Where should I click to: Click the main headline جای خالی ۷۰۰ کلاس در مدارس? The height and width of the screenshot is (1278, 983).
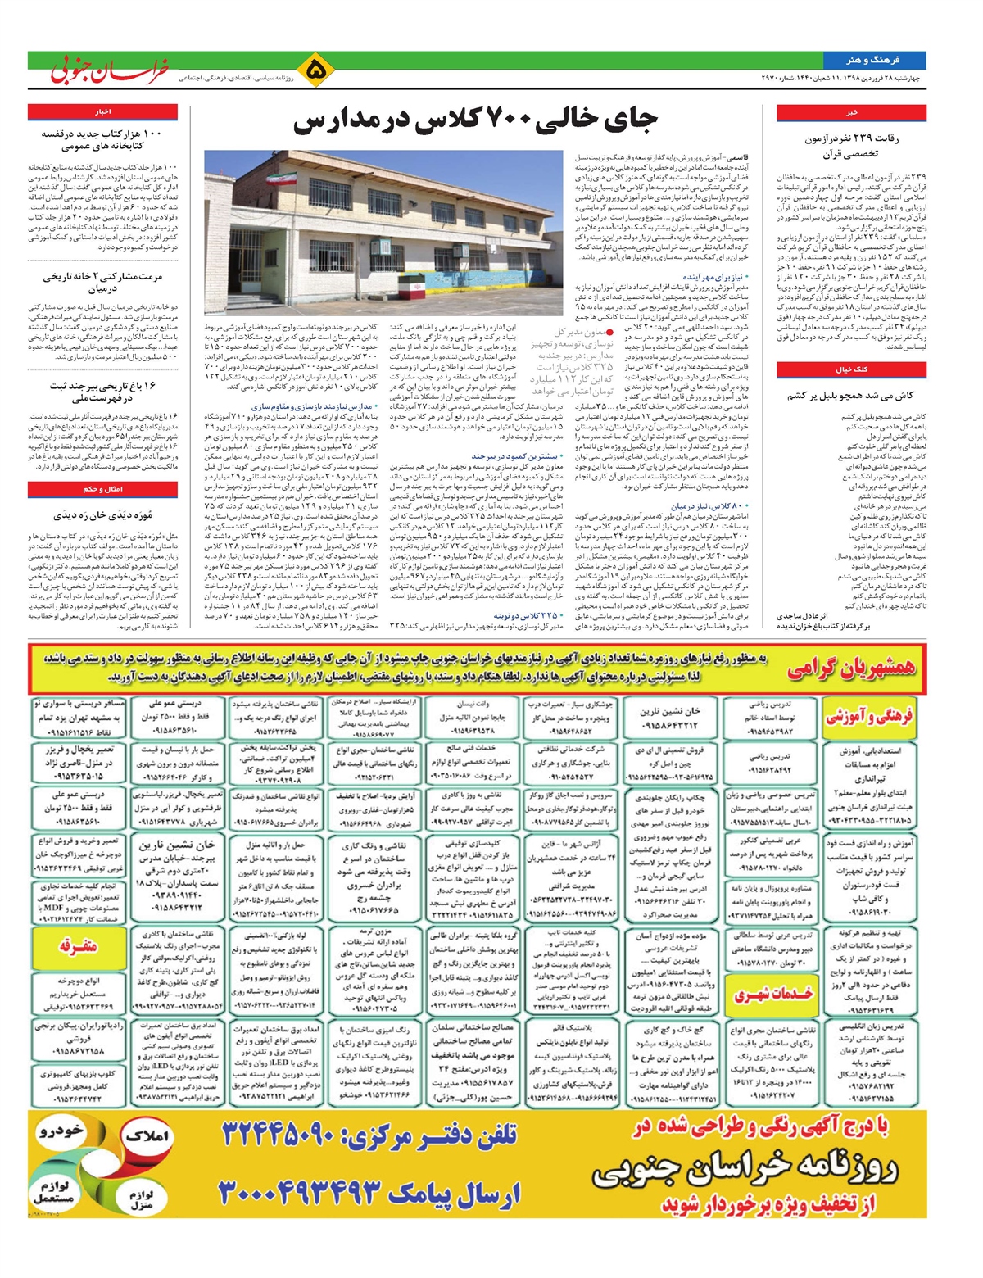click(x=475, y=121)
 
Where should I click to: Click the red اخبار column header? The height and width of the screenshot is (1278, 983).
click(x=102, y=111)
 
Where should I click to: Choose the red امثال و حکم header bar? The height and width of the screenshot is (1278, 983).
click(x=102, y=489)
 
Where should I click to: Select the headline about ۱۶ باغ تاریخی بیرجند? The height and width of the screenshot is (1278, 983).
click(x=102, y=392)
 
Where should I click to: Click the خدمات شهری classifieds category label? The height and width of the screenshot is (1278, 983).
click(x=773, y=994)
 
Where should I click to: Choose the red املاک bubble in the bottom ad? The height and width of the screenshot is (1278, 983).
click(x=147, y=1135)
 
